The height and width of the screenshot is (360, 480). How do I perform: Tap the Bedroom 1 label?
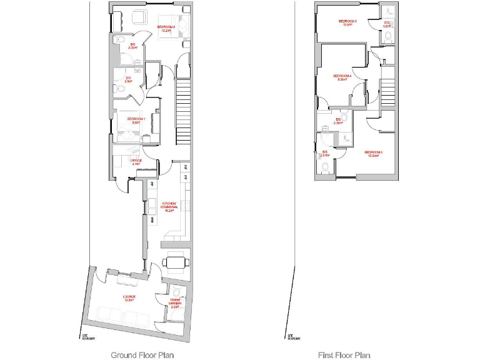click(136, 121)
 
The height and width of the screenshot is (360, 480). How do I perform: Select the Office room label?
click(136, 162)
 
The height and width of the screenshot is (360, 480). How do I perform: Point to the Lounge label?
click(129, 297)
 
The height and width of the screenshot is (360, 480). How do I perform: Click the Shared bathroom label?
click(175, 304)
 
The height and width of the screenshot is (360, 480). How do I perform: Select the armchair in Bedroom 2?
click(139, 18)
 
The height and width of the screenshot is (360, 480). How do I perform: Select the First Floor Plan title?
click(344, 355)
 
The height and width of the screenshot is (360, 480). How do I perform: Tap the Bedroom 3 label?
click(347, 24)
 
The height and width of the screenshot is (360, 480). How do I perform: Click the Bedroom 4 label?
click(344, 77)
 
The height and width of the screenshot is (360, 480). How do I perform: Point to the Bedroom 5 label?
click(373, 154)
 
